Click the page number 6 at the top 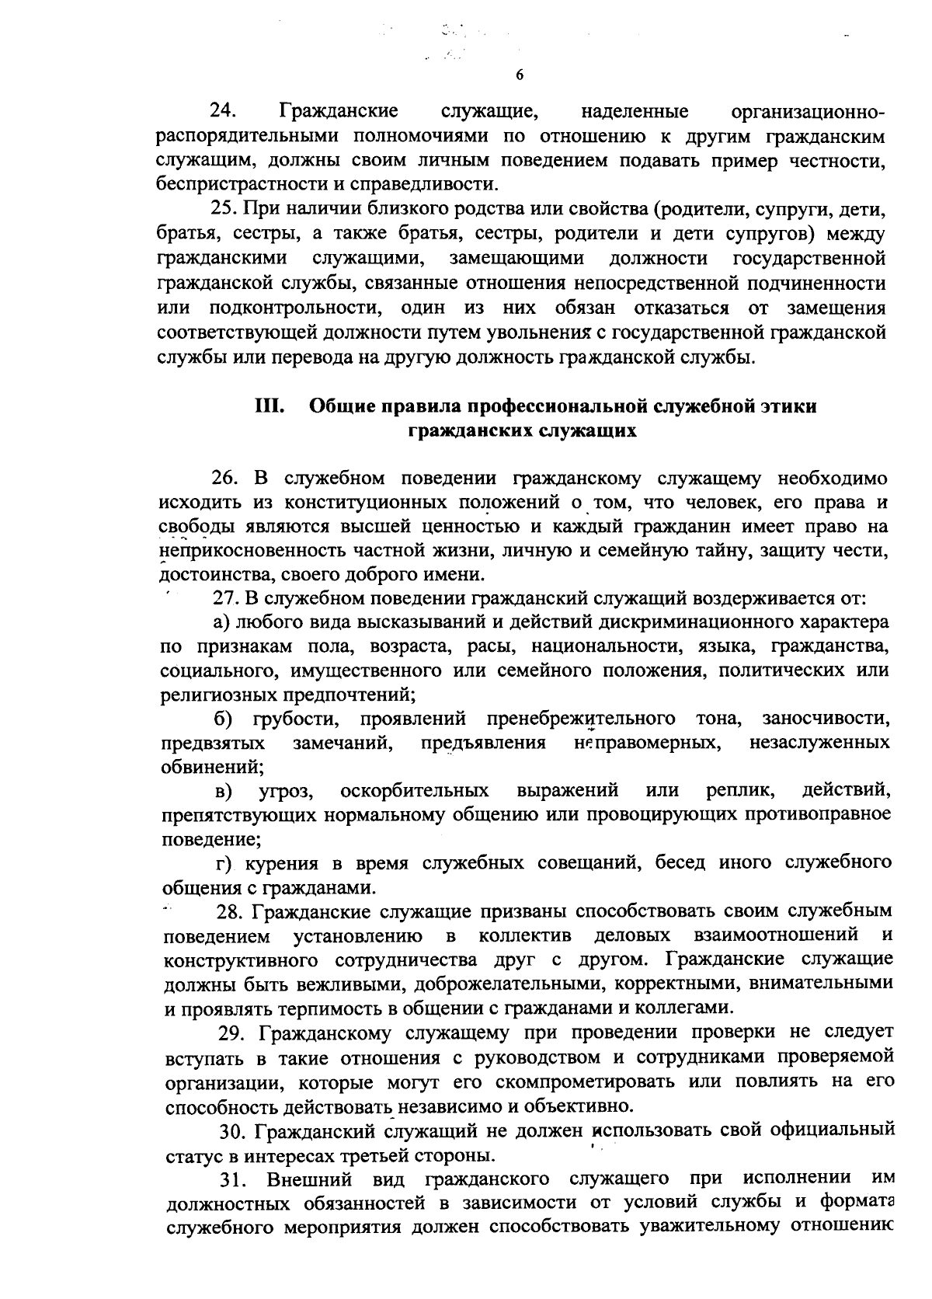[x=520, y=75]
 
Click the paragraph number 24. [x=223, y=112]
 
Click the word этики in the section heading [x=784, y=406]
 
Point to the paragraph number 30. [x=232, y=1130]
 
